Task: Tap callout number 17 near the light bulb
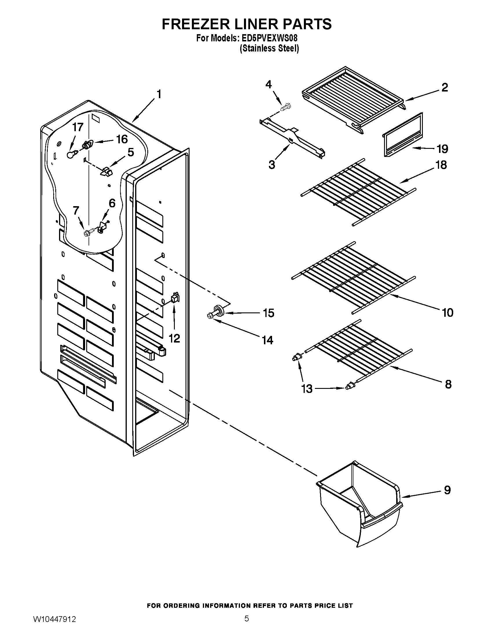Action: [78, 127]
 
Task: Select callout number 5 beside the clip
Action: [131, 152]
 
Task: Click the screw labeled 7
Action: [87, 233]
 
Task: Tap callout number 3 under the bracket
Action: [272, 165]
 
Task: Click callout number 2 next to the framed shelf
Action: [445, 87]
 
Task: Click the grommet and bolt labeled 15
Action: [217, 311]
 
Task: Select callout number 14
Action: [268, 340]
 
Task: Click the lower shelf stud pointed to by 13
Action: [348, 387]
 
